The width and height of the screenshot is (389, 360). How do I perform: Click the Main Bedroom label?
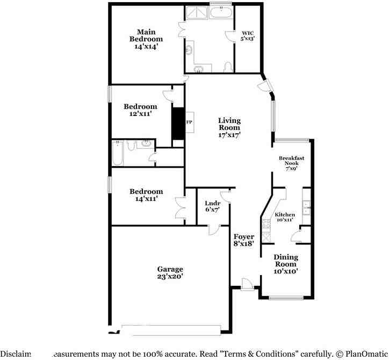[146, 39]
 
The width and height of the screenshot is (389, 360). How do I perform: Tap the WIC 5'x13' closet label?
[247, 35]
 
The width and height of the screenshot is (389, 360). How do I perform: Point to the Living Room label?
[229, 128]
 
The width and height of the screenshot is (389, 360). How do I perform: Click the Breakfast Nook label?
[291, 163]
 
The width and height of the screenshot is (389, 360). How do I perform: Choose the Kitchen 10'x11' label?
[284, 217]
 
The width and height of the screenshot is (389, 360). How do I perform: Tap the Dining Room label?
[286, 264]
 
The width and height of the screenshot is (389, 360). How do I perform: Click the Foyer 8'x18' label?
[243, 240]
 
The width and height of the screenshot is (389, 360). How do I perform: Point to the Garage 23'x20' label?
[170, 272]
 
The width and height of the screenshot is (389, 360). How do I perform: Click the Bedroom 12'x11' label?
[140, 110]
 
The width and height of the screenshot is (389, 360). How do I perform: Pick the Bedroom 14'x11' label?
[146, 195]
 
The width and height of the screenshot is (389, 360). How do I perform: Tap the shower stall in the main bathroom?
[196, 13]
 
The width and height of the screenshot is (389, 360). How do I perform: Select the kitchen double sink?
[306, 207]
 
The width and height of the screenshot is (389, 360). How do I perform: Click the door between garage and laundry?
[213, 230]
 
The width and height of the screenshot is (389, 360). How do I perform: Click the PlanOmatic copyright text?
[360, 354]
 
